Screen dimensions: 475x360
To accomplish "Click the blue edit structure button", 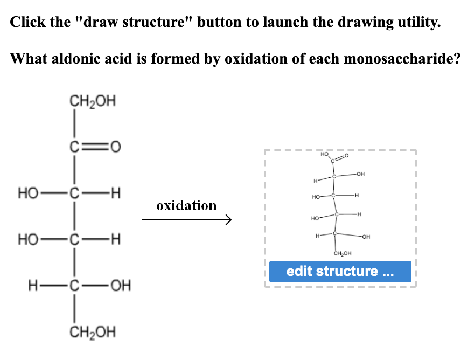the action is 340,271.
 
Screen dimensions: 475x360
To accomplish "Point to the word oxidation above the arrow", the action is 186,205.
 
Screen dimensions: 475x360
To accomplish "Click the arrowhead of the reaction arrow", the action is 228,220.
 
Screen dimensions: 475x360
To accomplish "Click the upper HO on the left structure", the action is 27,192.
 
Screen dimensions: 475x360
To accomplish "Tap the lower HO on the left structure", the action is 27,238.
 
